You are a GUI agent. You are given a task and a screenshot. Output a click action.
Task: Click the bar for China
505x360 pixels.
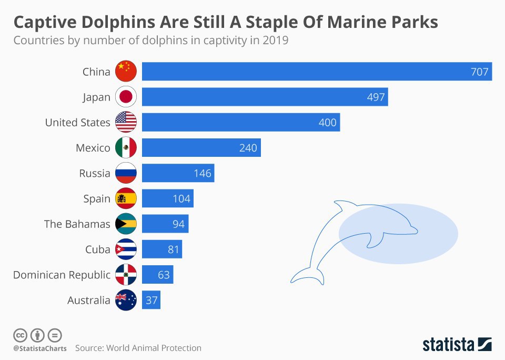pyautogui.click(x=316, y=72)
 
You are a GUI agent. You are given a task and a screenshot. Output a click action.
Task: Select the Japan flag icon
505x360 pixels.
pyautogui.click(x=126, y=97)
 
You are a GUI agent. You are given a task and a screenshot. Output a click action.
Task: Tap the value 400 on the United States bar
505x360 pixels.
pyautogui.click(x=328, y=123)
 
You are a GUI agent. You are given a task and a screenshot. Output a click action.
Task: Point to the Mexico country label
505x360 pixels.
pyautogui.click(x=93, y=148)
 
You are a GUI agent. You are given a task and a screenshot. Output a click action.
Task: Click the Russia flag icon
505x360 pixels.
pyautogui.click(x=126, y=173)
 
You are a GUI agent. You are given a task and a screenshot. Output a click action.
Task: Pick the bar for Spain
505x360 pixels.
pyautogui.click(x=167, y=198)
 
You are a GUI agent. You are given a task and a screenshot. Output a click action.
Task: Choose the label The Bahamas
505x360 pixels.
pyautogui.click(x=77, y=224)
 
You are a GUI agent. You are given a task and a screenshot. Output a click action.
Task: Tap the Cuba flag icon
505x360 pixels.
pyautogui.click(x=126, y=249)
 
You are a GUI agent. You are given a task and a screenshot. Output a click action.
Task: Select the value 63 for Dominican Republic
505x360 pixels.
pyautogui.click(x=163, y=275)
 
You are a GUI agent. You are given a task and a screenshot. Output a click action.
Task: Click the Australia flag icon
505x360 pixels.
pyautogui.click(x=126, y=300)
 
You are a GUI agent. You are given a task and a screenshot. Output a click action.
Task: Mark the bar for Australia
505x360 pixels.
pyautogui.click(x=151, y=300)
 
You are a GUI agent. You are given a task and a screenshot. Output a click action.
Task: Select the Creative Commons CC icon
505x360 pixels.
pyautogui.click(x=21, y=335)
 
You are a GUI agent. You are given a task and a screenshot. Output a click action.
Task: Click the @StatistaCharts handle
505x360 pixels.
pyautogui.click(x=40, y=348)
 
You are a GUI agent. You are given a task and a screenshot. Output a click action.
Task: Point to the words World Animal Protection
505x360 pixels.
pyautogui.click(x=154, y=348)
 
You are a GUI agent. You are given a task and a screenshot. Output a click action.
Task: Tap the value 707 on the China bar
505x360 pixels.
pyautogui.click(x=479, y=72)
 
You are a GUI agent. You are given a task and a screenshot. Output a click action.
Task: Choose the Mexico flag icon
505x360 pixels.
pyautogui.click(x=126, y=148)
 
